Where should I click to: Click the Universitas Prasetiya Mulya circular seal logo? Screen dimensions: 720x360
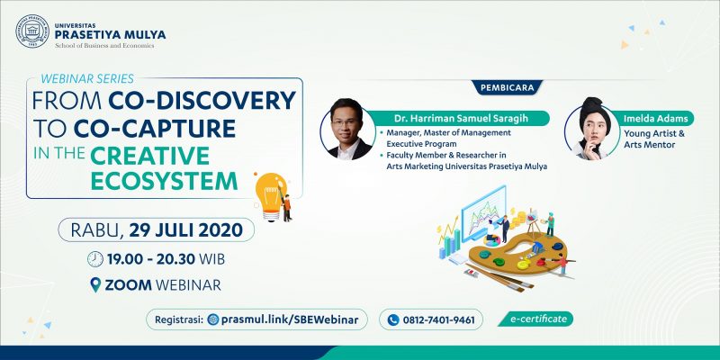[32, 31]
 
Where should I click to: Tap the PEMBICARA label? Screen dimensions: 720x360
[507, 87]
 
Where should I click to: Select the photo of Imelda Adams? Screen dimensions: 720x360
[592, 129]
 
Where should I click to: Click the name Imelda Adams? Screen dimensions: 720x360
[656, 119]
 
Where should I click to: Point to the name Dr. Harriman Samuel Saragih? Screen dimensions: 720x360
[461, 119]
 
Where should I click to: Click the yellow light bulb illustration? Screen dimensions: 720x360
[272, 196]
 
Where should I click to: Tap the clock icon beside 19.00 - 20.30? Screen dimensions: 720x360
[95, 259]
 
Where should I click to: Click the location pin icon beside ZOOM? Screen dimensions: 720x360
[95, 284]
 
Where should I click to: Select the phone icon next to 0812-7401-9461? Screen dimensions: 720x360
[392, 319]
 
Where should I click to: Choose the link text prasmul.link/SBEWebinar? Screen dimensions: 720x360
[289, 319]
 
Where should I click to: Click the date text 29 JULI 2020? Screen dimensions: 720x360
[185, 229]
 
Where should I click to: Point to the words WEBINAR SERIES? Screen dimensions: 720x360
[87, 78]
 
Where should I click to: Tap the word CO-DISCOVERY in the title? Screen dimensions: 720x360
[202, 101]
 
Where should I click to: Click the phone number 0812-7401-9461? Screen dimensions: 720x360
[438, 320]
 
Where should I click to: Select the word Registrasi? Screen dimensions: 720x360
[179, 319]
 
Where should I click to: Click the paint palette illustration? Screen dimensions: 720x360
[519, 255]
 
